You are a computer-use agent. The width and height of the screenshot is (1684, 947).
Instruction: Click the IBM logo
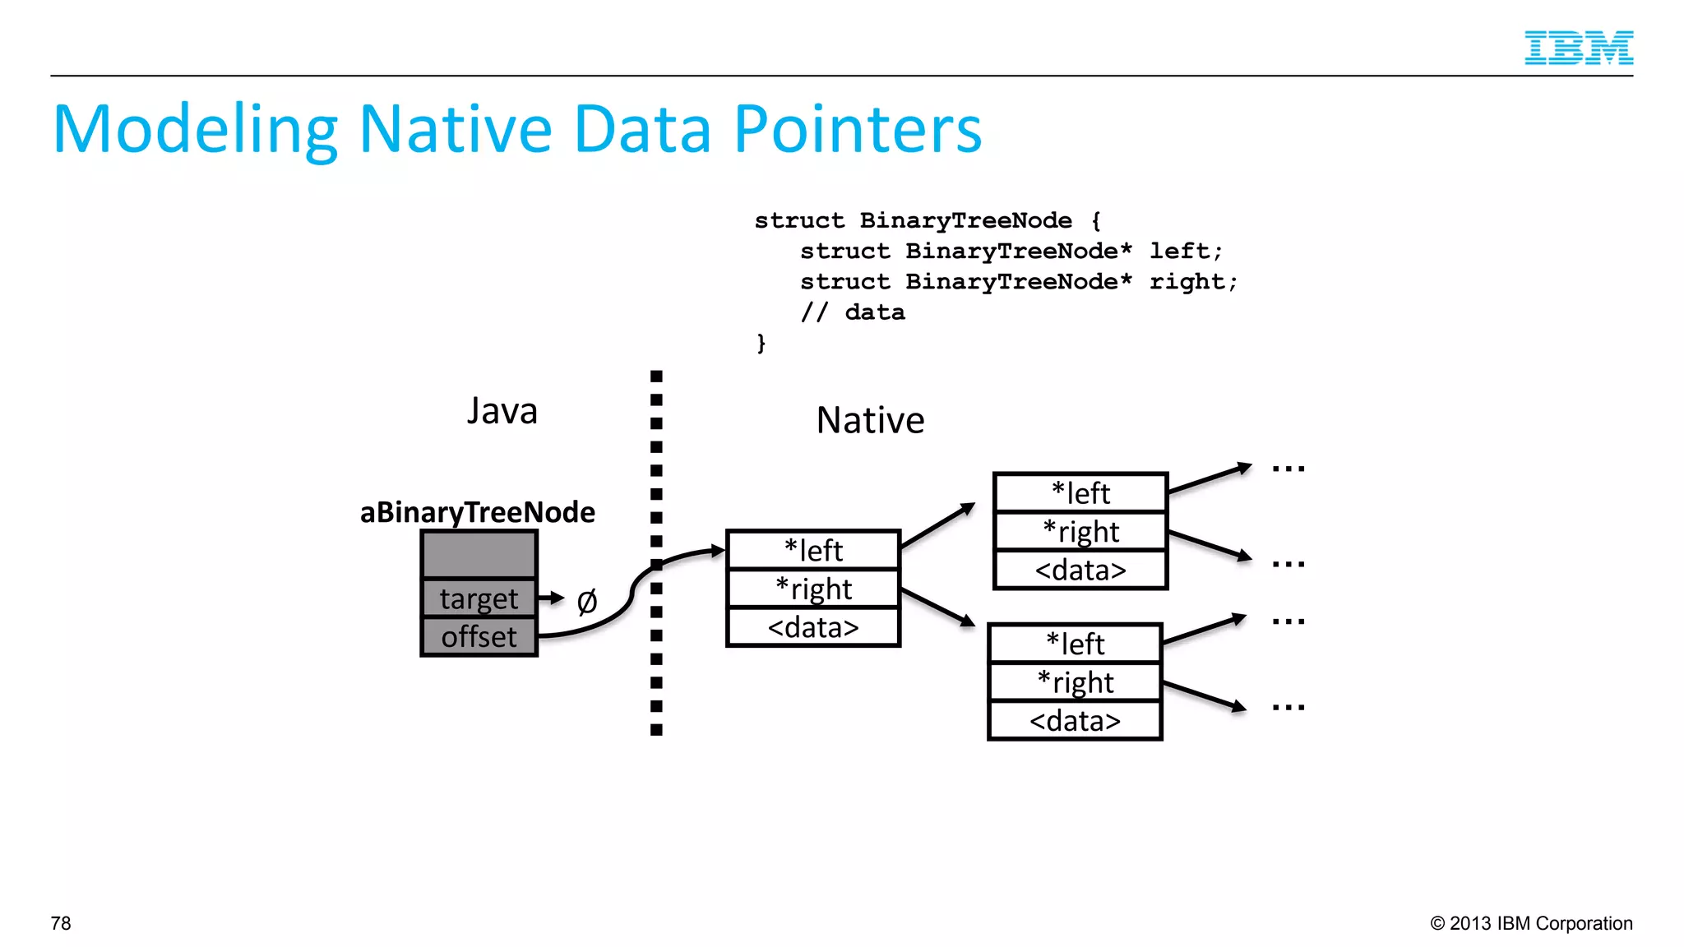(1578, 48)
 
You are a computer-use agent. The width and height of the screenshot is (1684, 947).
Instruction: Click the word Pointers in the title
(857, 130)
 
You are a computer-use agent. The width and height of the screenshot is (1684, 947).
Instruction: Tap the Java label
(502, 411)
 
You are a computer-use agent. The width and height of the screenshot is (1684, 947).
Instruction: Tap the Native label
(870, 420)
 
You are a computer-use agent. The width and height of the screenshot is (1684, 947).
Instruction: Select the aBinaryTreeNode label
(477, 512)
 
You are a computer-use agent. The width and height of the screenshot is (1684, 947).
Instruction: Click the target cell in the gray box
(479, 598)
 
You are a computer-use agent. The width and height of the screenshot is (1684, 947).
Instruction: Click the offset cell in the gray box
(479, 637)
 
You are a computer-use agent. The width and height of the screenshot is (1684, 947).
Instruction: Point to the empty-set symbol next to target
(587, 602)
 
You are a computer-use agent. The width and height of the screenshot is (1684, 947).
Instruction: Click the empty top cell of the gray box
(479, 555)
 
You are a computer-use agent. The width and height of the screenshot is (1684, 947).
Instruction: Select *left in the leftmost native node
(813, 550)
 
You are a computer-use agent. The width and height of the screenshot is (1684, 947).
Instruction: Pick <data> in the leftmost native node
(813, 627)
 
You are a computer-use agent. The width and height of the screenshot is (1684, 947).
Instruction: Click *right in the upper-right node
(1080, 532)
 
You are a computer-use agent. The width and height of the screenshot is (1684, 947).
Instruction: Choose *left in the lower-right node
(1075, 644)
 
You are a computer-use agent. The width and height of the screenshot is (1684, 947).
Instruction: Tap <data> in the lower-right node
(1075, 721)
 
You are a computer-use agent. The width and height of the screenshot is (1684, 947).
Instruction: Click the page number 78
(61, 923)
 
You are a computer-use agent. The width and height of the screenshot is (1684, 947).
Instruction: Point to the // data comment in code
(853, 312)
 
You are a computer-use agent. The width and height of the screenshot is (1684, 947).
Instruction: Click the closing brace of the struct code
(761, 343)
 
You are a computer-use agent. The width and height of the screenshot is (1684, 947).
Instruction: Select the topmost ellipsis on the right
(1288, 469)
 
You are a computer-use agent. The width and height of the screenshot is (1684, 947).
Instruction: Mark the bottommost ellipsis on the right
(1288, 707)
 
